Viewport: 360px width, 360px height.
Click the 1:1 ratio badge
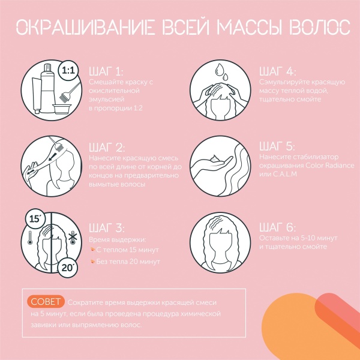[x=68, y=70]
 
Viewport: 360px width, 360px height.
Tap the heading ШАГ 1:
[x=106, y=72]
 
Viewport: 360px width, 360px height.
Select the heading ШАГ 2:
[x=107, y=148]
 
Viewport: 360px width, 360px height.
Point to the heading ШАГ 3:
[x=107, y=228]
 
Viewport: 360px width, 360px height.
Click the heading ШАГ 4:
[x=278, y=71]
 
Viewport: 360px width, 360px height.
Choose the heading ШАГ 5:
[x=277, y=146]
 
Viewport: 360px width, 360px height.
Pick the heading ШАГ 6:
[x=278, y=227]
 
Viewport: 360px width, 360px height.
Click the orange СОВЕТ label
[x=46, y=301]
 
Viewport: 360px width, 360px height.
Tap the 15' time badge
[x=35, y=219]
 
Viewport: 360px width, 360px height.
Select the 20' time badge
[x=67, y=268]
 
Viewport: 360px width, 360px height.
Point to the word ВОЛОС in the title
[x=319, y=28]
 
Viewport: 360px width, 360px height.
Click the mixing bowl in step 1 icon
[x=61, y=109]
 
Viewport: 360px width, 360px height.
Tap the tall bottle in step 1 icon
[x=48, y=88]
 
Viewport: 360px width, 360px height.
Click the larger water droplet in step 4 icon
[x=219, y=70]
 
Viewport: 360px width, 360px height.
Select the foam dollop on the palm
[x=214, y=158]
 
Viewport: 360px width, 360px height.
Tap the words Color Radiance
[x=329, y=166]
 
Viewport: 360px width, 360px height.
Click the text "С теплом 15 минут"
[x=127, y=250]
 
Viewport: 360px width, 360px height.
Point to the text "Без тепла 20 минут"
[x=128, y=262]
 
